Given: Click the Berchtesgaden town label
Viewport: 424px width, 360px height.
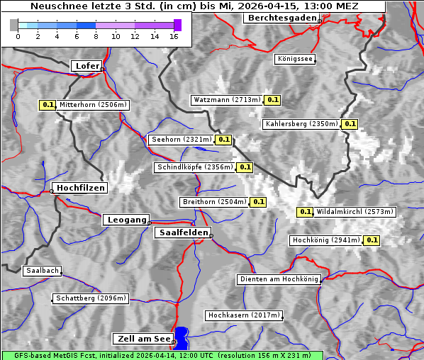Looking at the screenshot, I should click(281, 18).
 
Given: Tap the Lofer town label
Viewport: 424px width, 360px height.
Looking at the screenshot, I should click(87, 66).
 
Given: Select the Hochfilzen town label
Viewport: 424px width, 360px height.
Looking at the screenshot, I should click(79, 188).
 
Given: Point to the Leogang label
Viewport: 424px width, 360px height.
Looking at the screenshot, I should click(127, 220).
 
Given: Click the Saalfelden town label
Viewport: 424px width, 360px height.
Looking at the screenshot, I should click(182, 232).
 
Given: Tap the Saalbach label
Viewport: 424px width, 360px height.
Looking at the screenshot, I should click(42, 271).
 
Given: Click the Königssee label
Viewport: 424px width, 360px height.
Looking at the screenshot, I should click(295, 60).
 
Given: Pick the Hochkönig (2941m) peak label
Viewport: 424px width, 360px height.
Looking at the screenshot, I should click(325, 240).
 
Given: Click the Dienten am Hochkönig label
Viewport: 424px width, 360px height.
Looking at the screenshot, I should click(279, 280).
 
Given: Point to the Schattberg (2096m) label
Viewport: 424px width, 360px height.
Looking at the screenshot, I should click(90, 298).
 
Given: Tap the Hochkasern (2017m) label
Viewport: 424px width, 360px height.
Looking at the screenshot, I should click(243, 315).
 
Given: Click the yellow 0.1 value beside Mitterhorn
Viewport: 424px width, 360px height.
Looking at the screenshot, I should click(48, 105).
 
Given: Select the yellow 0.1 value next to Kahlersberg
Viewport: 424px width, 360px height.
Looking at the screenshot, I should click(350, 124).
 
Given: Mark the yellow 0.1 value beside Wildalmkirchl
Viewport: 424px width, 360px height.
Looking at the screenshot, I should click(305, 212).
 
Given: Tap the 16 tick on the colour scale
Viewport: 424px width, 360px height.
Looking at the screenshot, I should click(174, 35).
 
